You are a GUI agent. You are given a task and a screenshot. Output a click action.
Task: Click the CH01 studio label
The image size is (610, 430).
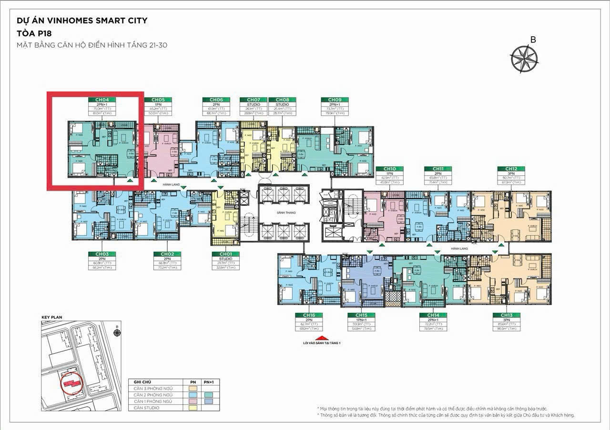225,254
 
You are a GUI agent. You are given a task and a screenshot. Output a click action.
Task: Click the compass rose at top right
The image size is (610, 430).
524,58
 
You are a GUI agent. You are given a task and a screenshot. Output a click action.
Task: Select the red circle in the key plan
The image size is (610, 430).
72,383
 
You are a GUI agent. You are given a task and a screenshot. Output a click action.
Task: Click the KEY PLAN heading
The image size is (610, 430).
52,317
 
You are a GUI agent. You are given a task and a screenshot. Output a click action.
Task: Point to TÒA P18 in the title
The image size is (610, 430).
34,33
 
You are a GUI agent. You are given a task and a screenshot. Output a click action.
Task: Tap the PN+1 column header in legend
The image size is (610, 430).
208,382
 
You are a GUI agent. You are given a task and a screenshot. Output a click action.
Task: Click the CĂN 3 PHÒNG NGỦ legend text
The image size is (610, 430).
153,389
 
